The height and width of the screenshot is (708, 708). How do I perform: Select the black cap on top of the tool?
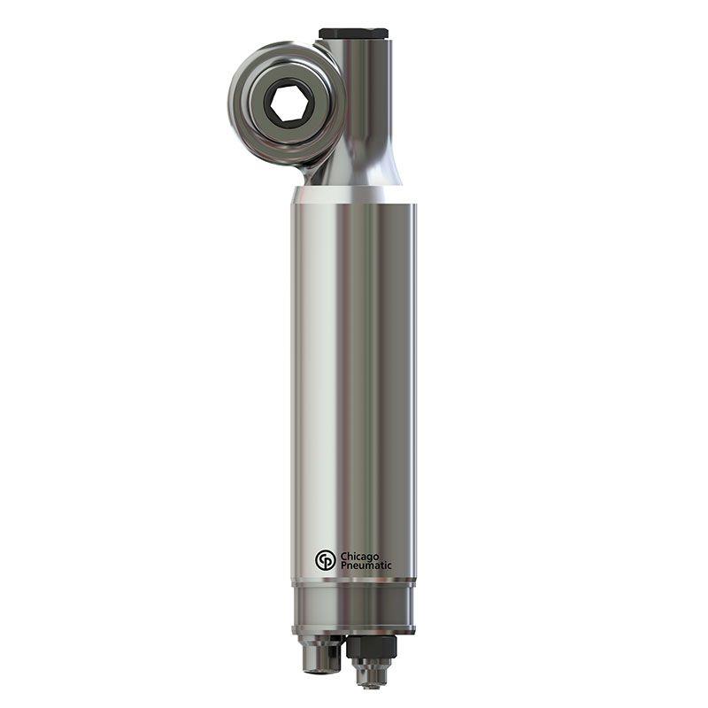click(x=353, y=34)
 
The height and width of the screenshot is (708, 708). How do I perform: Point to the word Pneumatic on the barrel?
click(x=366, y=566)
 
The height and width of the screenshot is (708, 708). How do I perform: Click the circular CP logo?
click(x=325, y=560)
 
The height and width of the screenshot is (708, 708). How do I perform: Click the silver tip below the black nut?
click(x=371, y=675)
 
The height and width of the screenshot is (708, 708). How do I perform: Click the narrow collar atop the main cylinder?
click(x=353, y=196)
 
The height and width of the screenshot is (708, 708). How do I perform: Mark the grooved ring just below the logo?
click(x=353, y=581)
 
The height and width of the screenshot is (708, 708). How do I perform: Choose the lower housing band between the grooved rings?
click(x=353, y=606)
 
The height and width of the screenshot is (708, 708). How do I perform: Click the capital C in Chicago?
click(x=343, y=556)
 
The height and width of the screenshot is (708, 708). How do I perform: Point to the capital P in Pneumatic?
click(x=343, y=566)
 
